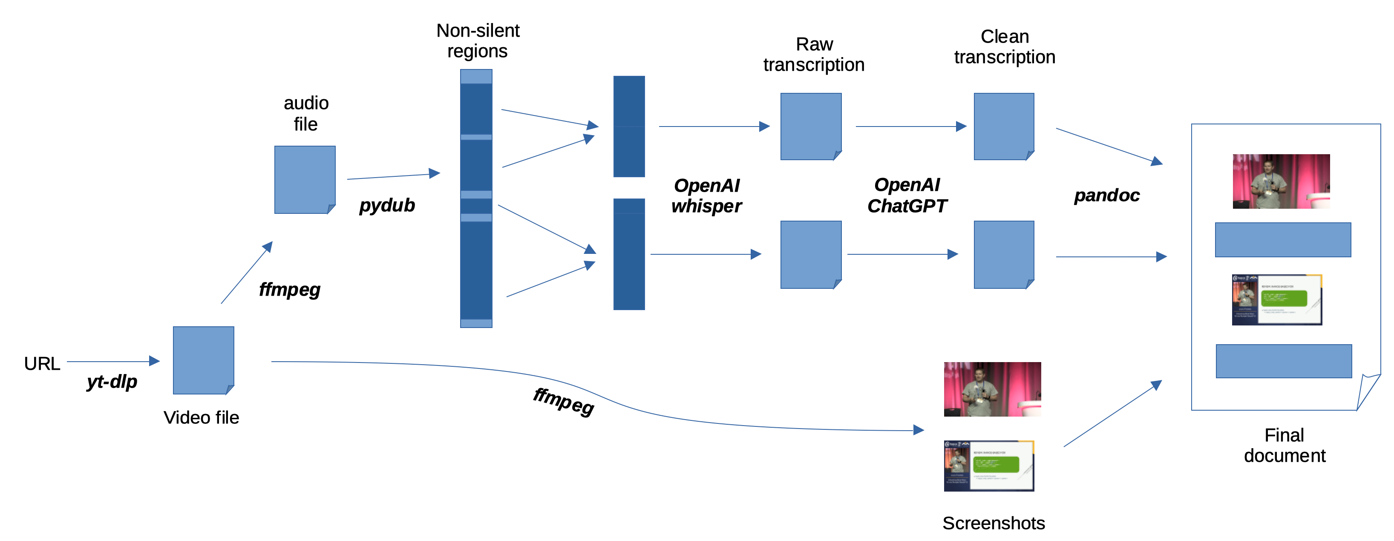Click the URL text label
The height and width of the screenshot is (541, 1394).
(x=42, y=363)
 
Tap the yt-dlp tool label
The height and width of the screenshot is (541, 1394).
(x=112, y=382)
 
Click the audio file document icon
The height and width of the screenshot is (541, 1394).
(x=305, y=180)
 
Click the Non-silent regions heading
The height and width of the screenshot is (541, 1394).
(x=478, y=40)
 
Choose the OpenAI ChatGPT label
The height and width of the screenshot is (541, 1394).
(x=907, y=195)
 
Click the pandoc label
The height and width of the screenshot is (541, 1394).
(x=1107, y=195)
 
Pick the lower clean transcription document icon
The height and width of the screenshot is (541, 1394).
(x=1004, y=254)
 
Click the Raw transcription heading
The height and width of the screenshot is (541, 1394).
(x=814, y=54)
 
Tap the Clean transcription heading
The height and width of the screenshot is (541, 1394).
(x=1004, y=46)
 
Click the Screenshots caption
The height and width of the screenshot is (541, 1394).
(x=994, y=523)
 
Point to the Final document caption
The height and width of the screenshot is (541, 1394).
(x=1285, y=445)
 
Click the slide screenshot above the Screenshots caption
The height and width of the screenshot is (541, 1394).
(x=989, y=466)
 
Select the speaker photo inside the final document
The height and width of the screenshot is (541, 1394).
(x=1281, y=181)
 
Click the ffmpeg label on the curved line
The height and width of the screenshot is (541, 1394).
(x=563, y=401)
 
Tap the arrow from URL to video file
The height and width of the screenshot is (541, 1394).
(x=113, y=361)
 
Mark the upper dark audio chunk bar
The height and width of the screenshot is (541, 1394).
(x=629, y=126)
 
